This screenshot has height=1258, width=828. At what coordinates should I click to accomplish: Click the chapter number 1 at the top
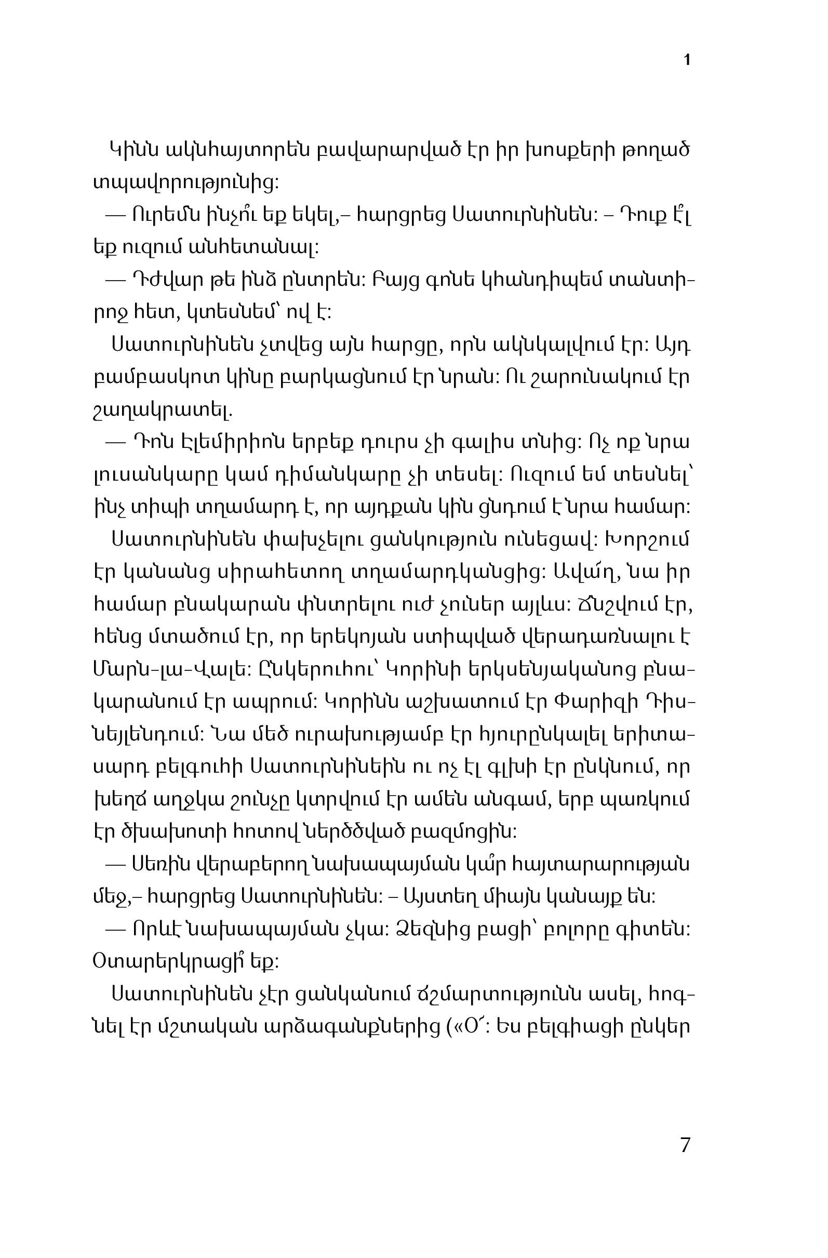(687, 60)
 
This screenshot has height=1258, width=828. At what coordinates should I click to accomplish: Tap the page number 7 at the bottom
(685, 1144)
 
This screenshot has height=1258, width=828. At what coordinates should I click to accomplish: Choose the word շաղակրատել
(162, 409)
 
